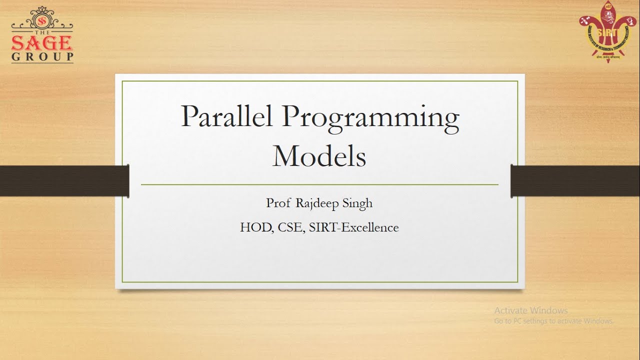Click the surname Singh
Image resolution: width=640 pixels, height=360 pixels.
pyautogui.click(x=358, y=204)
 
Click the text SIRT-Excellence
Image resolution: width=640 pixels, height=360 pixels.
pyautogui.click(x=353, y=227)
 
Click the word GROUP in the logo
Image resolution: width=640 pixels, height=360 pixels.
pyautogui.click(x=42, y=56)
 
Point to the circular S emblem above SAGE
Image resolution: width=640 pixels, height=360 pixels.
pyautogui.click(x=42, y=21)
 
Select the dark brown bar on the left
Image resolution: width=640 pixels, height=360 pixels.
pyautogui.click(x=64, y=181)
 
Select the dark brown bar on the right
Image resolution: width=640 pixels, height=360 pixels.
pyautogui.click(x=575, y=181)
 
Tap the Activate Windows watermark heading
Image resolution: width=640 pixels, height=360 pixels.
pyautogui.click(x=530, y=310)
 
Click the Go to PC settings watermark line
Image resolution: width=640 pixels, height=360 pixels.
pyautogui.click(x=553, y=321)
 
